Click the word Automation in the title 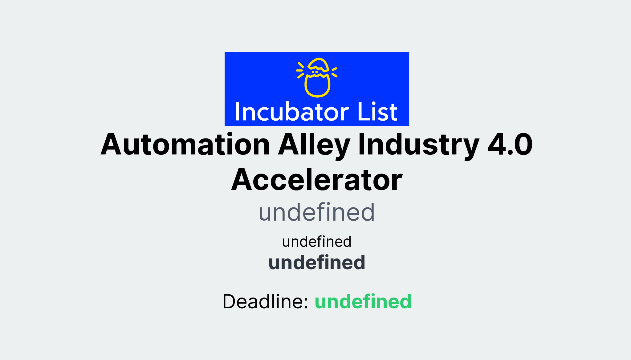[185, 145]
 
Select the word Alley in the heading [314, 145]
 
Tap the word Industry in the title [418, 145]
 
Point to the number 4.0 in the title [510, 145]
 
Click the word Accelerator [317, 180]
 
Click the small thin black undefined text [317, 242]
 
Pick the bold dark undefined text [317, 263]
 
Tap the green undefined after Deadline [363, 302]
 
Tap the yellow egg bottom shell [317, 88]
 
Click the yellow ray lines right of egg [334, 72]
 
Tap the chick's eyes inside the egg [315, 72]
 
